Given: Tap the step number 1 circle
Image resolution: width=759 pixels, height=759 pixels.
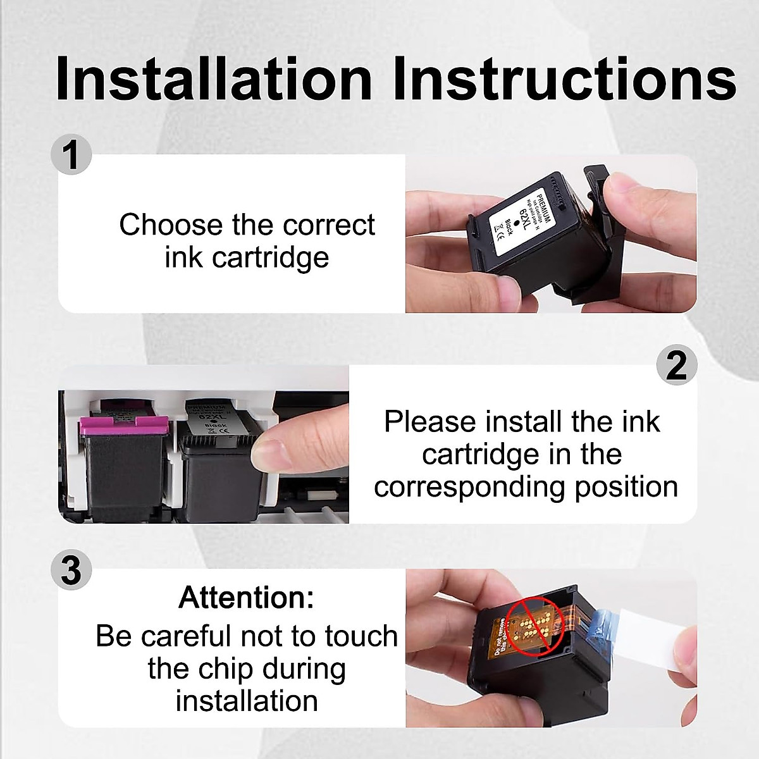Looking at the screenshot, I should (71, 156).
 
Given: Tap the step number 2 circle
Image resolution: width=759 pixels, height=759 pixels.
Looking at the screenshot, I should (676, 366).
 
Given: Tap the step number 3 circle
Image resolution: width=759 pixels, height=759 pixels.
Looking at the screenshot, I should (71, 571).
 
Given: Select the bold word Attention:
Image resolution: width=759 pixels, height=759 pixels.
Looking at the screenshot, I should (246, 597).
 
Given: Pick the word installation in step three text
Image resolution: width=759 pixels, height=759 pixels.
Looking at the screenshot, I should (246, 701).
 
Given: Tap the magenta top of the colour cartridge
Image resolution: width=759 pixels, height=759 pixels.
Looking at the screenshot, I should (123, 423).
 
